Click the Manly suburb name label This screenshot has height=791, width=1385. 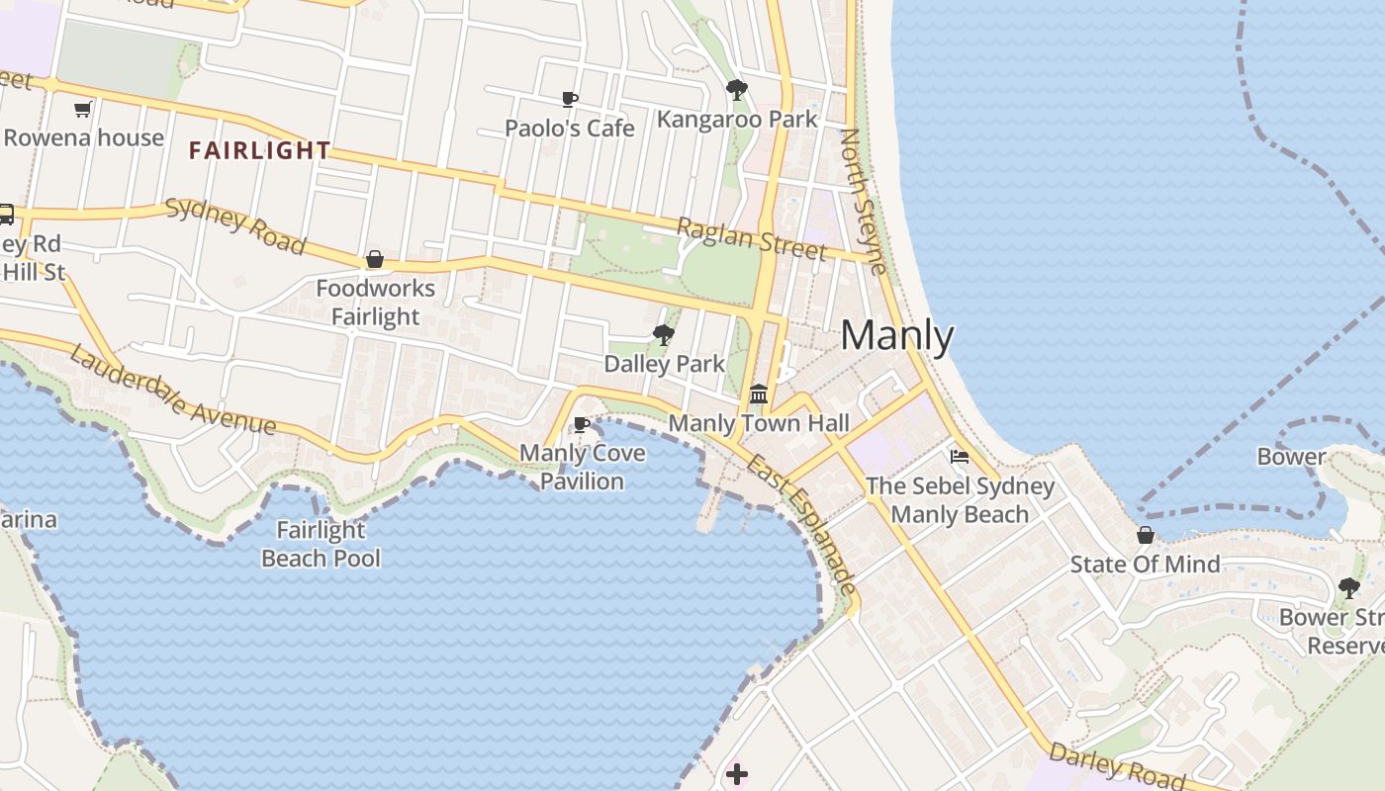(x=896, y=336)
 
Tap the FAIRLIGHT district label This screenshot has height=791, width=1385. (x=259, y=150)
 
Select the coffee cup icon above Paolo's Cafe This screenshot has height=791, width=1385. (x=570, y=99)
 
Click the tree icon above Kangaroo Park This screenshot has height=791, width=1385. (x=736, y=90)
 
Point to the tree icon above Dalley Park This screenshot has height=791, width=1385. (x=664, y=335)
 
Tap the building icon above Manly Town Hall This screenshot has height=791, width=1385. (x=759, y=394)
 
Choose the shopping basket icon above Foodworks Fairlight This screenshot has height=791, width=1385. (x=375, y=260)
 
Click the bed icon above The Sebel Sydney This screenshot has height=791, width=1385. (x=960, y=457)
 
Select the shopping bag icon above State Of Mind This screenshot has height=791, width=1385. (x=1145, y=535)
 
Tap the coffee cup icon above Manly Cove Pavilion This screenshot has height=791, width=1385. (x=582, y=425)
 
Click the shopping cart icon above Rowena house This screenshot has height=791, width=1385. (x=83, y=109)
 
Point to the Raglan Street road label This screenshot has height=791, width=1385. (x=751, y=239)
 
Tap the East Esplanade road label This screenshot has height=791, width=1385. (x=801, y=524)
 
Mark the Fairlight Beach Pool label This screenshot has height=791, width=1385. (x=321, y=544)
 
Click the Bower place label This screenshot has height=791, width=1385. (x=1291, y=457)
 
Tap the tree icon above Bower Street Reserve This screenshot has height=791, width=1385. (x=1348, y=588)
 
